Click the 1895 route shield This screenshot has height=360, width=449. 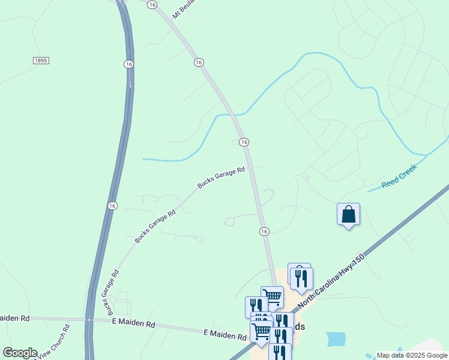coord(41,61)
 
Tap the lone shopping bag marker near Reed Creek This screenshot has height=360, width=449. coord(348,214)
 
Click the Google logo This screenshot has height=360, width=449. coord(20,353)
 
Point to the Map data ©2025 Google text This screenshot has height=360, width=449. coord(412,355)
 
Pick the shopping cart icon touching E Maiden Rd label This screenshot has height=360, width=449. coord(261,331)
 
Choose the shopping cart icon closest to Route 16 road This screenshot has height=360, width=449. coord(273,296)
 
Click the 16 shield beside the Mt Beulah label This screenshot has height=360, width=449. coord(152,4)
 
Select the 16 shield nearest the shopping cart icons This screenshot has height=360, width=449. coord(264,232)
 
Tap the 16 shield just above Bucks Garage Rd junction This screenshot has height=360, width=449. coord(244,142)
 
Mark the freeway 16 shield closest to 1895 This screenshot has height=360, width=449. coord(128,64)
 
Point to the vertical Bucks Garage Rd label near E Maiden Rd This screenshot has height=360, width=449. coord(113,292)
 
